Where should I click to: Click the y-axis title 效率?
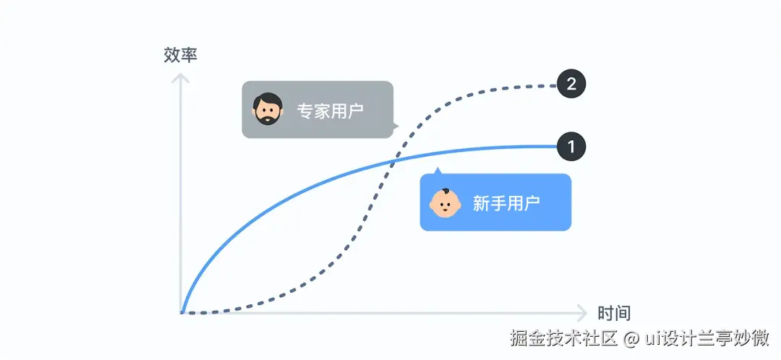pos(181,55)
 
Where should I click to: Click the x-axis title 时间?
pos(614,313)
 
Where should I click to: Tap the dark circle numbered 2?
pos(571,84)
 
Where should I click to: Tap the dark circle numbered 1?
pos(571,147)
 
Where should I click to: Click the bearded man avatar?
pos(268,109)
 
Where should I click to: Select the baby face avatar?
pos(445,203)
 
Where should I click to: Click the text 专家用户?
pos(330,111)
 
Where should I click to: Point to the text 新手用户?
pos(506,203)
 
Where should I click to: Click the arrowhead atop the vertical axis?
pos(181,75)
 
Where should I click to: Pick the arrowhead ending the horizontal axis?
pos(583,313)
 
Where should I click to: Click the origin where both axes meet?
pos(182,313)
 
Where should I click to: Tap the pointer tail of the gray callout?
pos(395,126)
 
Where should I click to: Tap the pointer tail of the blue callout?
pos(437,171)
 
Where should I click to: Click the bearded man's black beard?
pos(268,118)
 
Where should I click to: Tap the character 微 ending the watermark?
pos(759,338)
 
